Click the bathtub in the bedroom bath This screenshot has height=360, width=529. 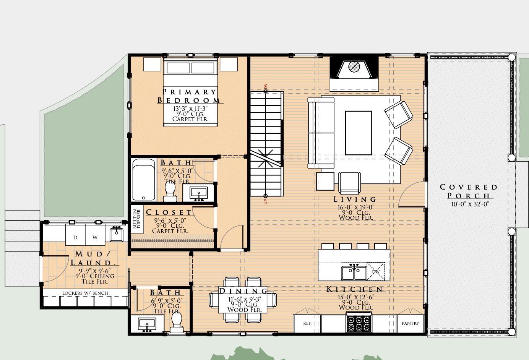(144, 180)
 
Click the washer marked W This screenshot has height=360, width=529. (95, 235)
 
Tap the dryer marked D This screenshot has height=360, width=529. (75, 235)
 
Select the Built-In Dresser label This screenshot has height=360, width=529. (137, 219)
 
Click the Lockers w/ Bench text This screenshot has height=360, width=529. (85, 293)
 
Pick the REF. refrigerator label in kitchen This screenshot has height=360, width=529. (307, 323)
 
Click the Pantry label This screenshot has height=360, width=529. (411, 323)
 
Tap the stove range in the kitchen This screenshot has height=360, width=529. (359, 322)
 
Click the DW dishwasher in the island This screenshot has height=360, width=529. (376, 271)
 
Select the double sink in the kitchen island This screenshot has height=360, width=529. (354, 273)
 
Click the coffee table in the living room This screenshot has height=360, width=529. (358, 133)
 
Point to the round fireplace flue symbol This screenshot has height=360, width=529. (354, 66)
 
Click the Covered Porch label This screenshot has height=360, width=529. (469, 191)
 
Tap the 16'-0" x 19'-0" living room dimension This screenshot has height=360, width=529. (356, 207)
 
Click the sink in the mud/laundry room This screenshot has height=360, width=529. (117, 234)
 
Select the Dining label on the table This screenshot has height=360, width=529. (243, 291)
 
